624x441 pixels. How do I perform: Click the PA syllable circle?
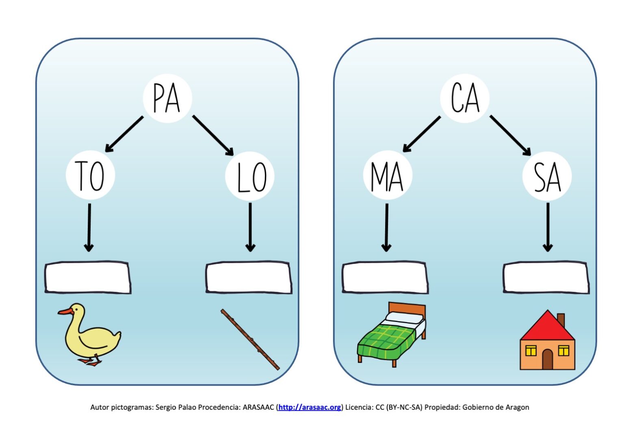tap(167, 98)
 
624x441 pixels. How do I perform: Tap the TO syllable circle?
tap(90, 175)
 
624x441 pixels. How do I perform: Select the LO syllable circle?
tap(250, 176)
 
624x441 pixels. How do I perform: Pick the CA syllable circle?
tap(465, 98)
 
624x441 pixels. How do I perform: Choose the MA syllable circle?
tap(388, 175)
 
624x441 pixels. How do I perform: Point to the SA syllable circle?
tap(547, 176)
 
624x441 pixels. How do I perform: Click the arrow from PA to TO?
tap(124, 134)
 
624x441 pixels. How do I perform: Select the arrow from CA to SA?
tap(510, 135)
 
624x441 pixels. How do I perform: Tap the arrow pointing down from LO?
tap(250, 227)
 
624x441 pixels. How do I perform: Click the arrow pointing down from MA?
tap(386, 227)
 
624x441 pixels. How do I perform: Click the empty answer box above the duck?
tap(88, 277)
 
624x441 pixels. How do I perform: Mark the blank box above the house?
tap(546, 277)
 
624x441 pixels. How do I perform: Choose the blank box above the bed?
tap(385, 277)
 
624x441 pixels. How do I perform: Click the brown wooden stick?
tap(250, 339)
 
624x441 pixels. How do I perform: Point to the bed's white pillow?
tap(404, 318)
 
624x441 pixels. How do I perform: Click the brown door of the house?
tap(547, 359)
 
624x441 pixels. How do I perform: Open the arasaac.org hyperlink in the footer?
tap(310, 407)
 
